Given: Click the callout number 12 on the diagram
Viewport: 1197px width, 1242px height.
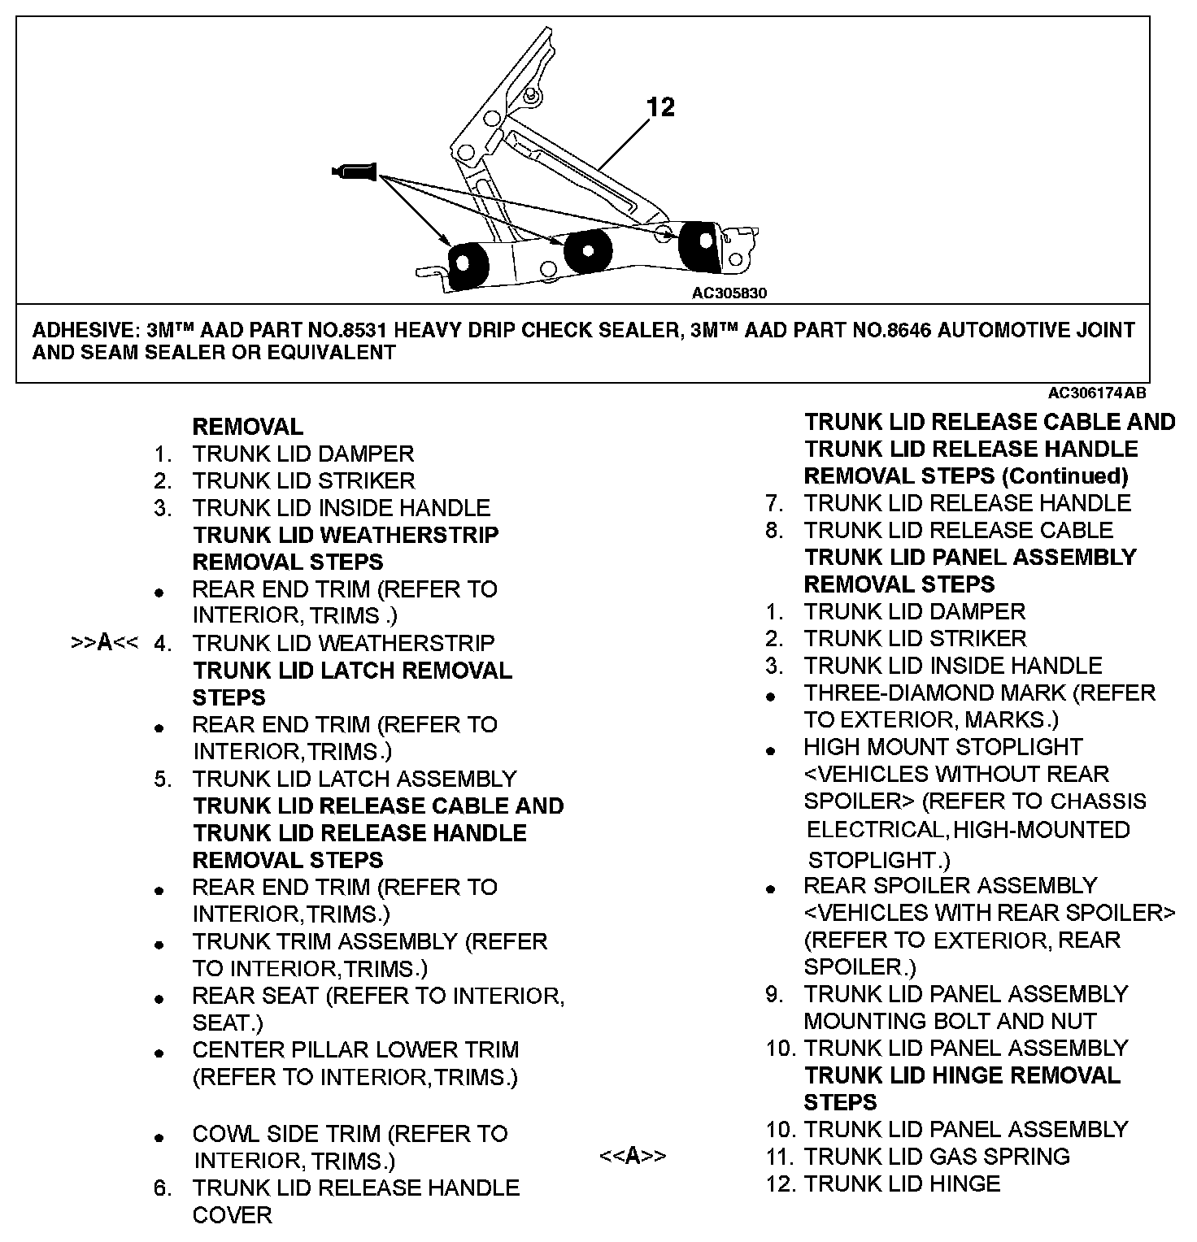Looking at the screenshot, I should click(661, 106).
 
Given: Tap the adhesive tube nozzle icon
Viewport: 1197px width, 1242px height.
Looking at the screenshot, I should click(355, 171).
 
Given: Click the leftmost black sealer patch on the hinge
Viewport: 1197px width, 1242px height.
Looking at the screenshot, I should click(466, 265).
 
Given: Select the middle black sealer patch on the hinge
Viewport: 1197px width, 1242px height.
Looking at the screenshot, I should click(587, 251).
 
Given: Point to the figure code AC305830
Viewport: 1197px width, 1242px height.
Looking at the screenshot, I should click(729, 293).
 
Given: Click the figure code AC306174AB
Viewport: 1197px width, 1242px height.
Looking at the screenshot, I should click(1097, 393).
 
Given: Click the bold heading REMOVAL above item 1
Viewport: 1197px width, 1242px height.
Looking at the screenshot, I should click(247, 427).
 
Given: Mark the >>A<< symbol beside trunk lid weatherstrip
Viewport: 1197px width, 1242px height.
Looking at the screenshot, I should click(104, 643).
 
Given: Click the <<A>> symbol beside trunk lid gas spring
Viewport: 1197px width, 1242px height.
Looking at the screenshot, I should click(633, 1156).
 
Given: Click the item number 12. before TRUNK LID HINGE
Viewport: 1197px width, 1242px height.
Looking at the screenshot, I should click(781, 1183).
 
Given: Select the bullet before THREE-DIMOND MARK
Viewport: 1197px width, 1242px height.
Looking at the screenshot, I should click(771, 696).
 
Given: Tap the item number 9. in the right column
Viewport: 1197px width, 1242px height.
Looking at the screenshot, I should click(773, 994).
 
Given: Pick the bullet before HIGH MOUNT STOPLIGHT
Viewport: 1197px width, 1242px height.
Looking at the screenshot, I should click(771, 750).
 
